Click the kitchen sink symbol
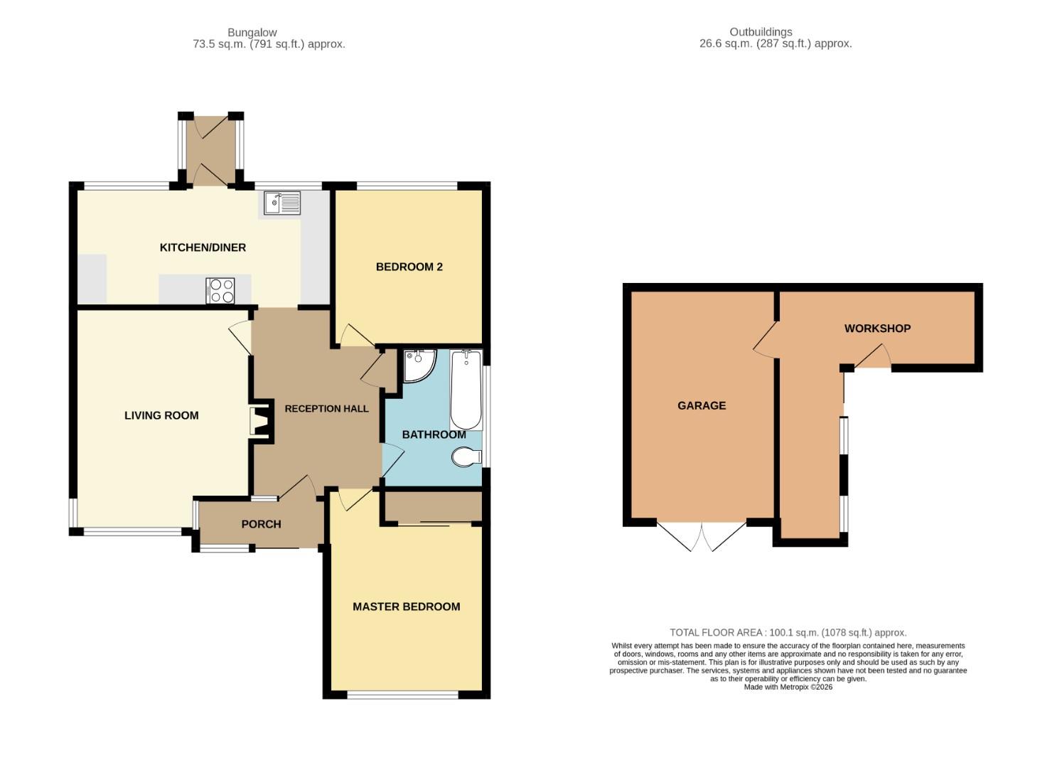point(282,203)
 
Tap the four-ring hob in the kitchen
point(220,290)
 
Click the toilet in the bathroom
point(466,457)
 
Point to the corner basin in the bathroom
point(417,364)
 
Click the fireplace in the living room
point(260,420)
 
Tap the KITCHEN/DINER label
point(203,247)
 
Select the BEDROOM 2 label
point(409,267)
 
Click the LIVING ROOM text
point(161,415)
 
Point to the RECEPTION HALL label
point(326,409)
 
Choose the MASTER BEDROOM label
point(406,607)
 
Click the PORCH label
point(261,524)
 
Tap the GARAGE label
point(702,405)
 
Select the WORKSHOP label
point(877,329)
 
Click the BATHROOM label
point(434,434)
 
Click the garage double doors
point(702,537)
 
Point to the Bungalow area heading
point(269,38)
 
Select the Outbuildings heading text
point(775,38)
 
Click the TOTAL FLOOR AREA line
point(788,632)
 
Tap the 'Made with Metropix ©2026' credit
point(788,687)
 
